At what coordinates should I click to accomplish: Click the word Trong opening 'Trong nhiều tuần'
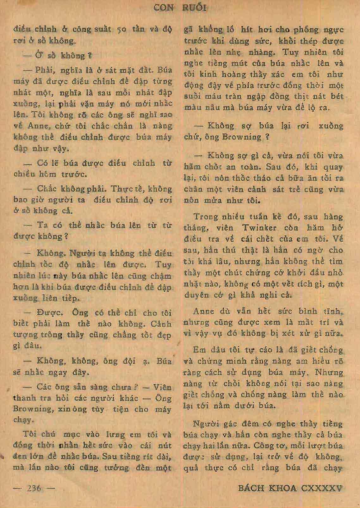click(x=206, y=217)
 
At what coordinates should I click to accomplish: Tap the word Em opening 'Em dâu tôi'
click(x=199, y=350)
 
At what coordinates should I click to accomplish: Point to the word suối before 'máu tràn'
click(x=192, y=96)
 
